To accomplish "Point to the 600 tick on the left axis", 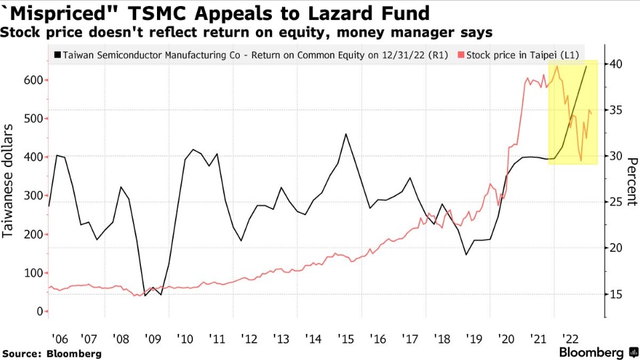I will (34, 80).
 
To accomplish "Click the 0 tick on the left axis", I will (39, 312).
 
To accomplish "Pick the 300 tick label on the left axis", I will (34, 196).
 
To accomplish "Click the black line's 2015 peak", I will (345, 134).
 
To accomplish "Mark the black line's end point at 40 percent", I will (587, 65).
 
